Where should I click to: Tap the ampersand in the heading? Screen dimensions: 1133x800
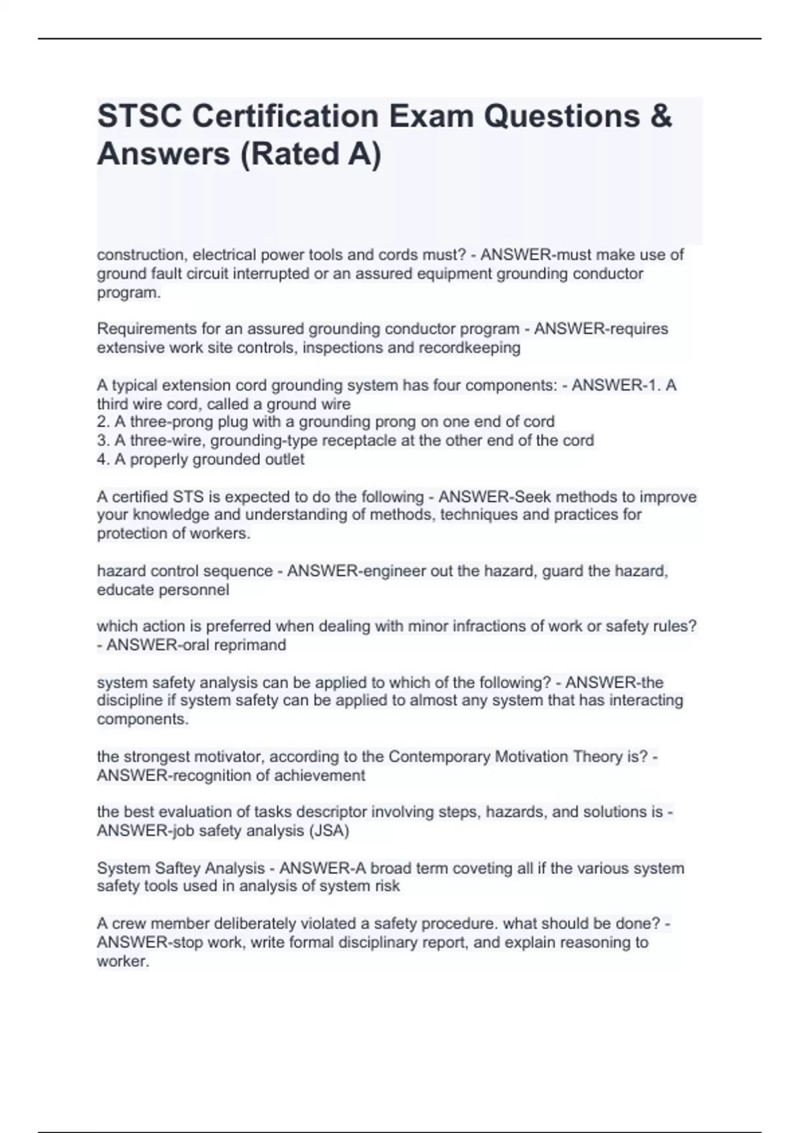point(660,117)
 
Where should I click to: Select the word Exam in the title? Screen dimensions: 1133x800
point(428,117)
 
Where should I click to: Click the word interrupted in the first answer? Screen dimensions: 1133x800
point(270,274)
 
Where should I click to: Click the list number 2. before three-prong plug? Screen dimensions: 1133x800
point(103,422)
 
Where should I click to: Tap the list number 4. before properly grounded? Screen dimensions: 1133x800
point(103,460)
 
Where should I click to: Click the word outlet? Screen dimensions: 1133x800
point(285,460)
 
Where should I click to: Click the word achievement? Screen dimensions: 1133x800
point(324,776)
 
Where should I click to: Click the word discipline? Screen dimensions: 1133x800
point(129,700)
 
